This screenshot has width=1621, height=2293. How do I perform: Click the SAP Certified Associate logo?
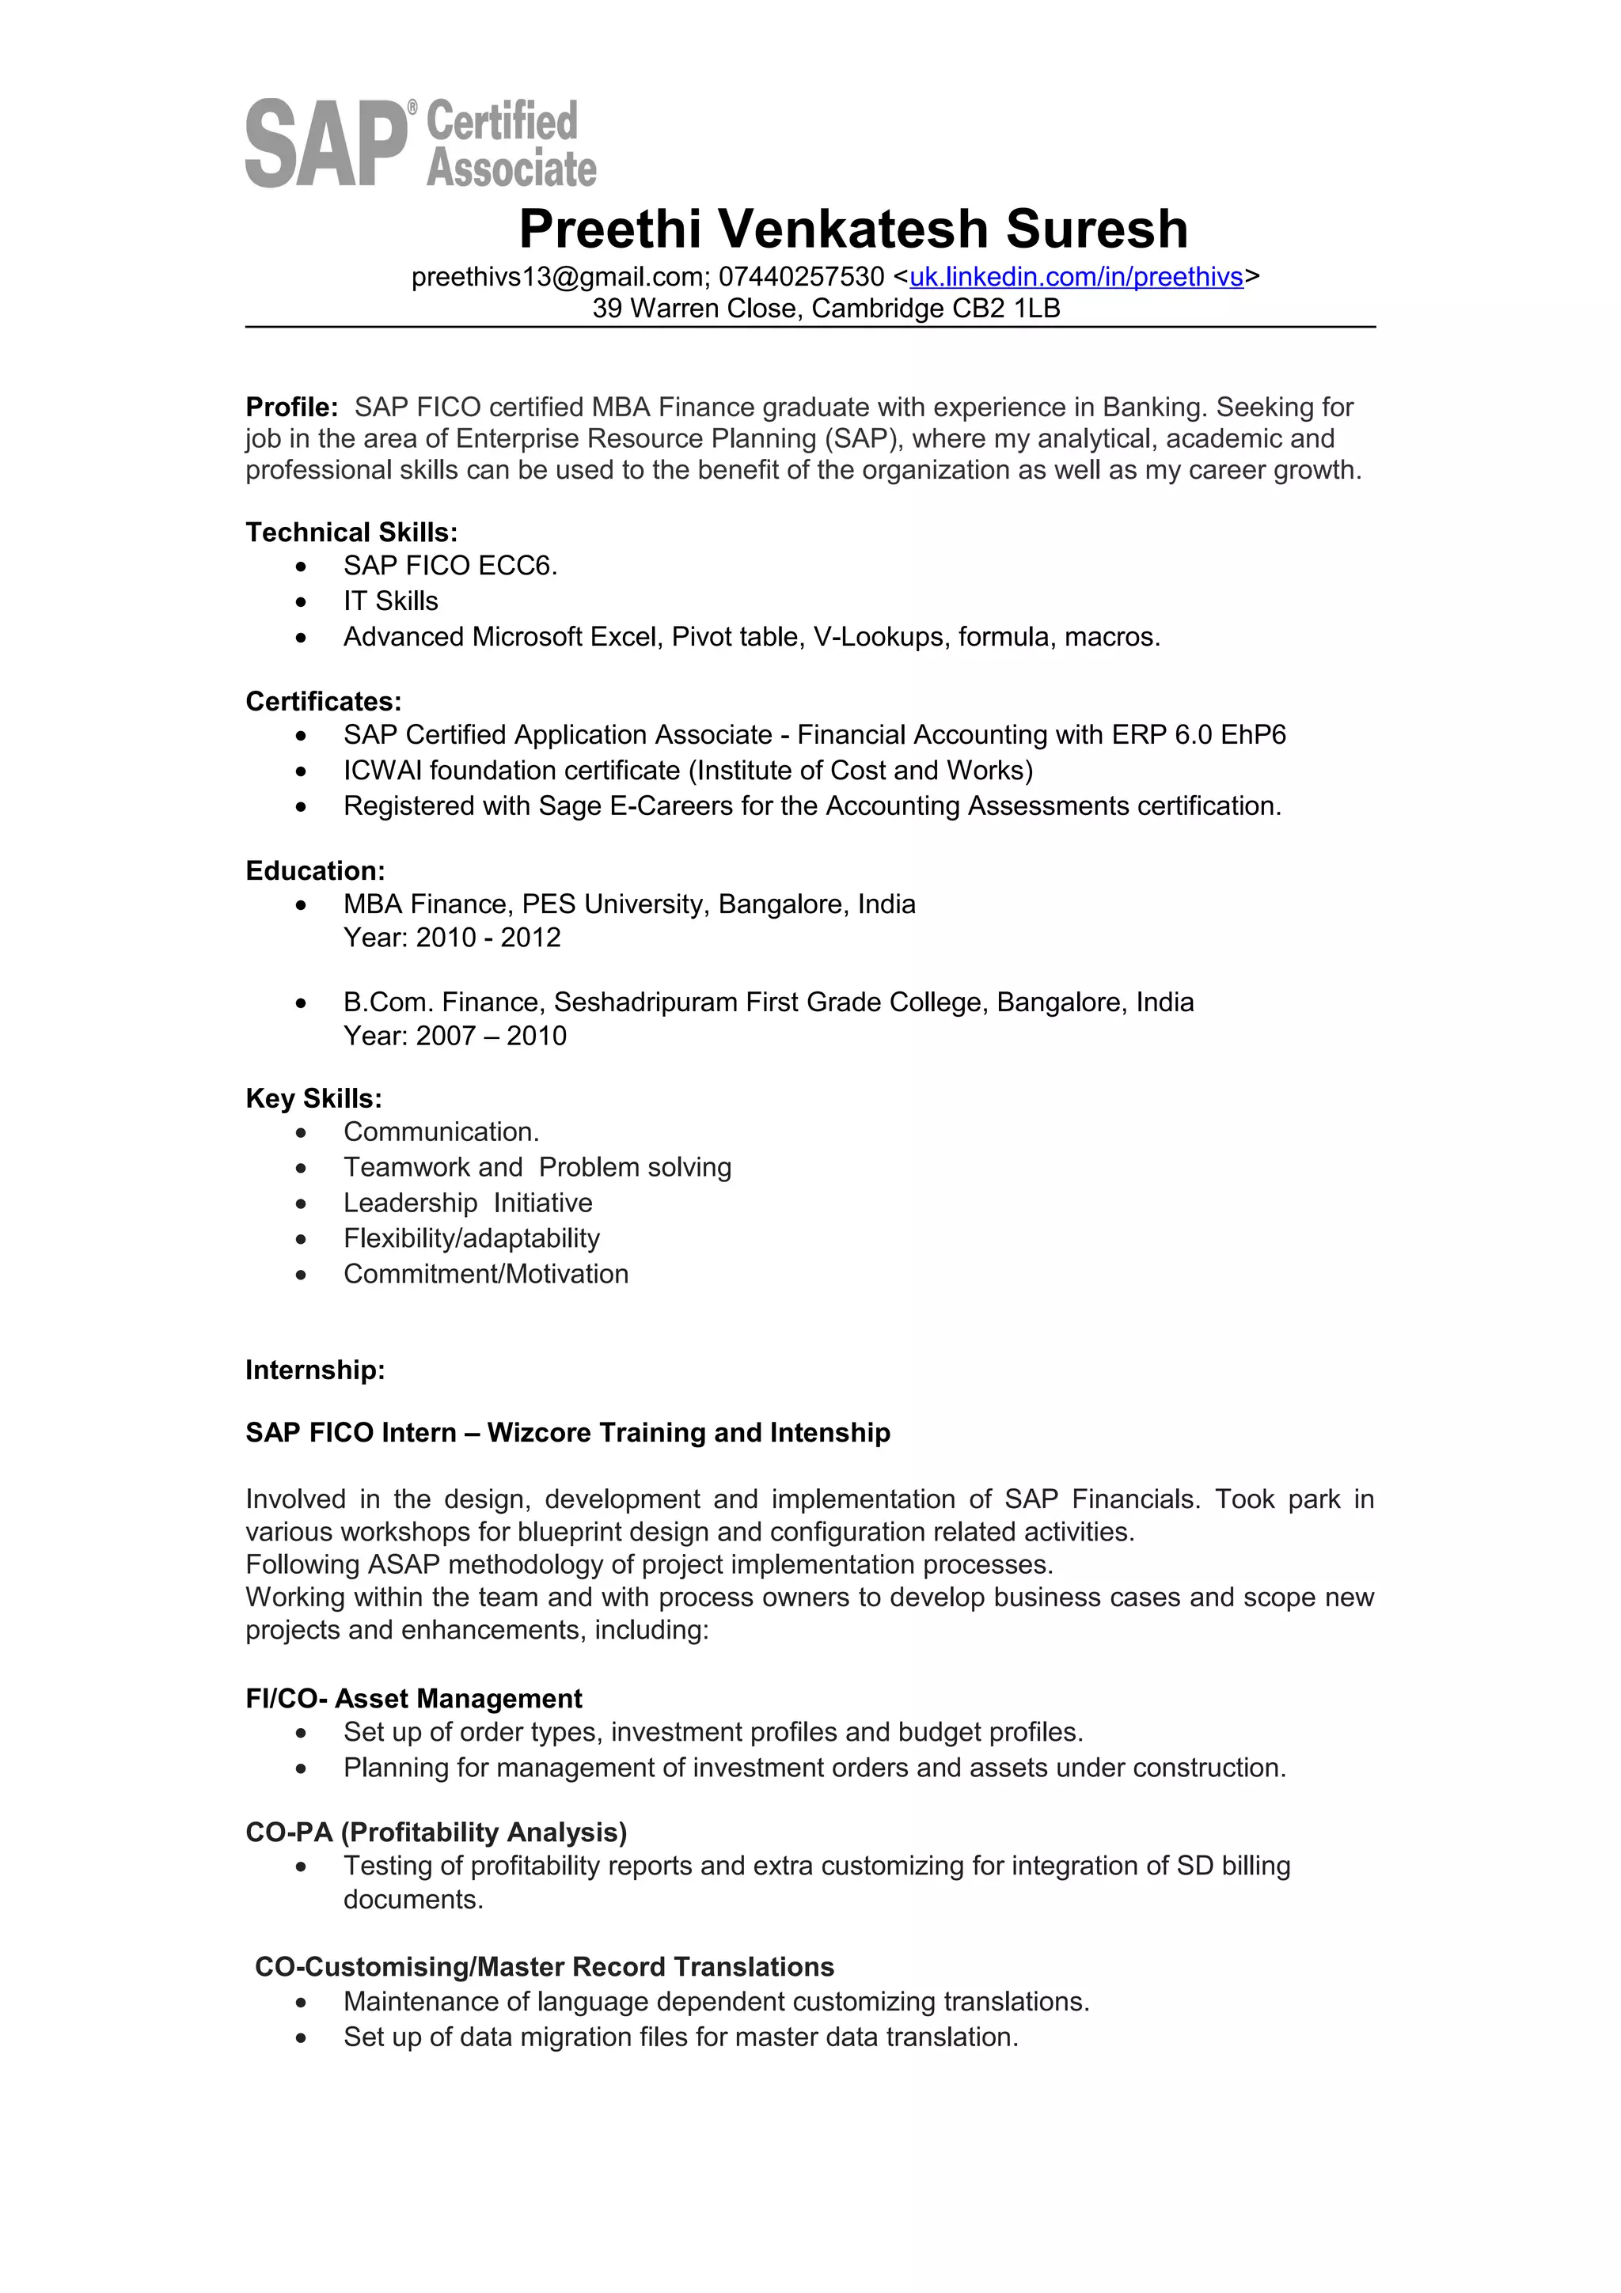click(419, 142)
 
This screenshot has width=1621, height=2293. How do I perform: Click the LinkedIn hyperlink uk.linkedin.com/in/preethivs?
click(1076, 277)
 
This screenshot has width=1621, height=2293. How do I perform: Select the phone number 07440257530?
click(801, 277)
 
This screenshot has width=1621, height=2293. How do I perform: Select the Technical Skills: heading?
click(351, 533)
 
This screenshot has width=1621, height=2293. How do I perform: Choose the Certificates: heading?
click(323, 701)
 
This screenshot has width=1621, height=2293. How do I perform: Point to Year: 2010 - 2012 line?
click(451, 937)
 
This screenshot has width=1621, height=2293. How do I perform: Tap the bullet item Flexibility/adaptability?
click(472, 1238)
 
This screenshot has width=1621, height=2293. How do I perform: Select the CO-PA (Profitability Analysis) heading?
click(435, 1833)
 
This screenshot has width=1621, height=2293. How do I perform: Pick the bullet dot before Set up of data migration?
click(301, 2037)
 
